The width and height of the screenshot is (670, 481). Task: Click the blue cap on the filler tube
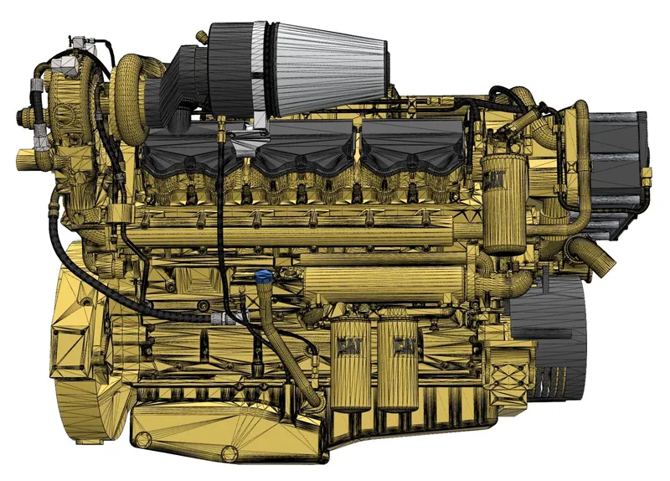263,277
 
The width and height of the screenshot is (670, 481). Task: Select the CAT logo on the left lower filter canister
350,345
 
